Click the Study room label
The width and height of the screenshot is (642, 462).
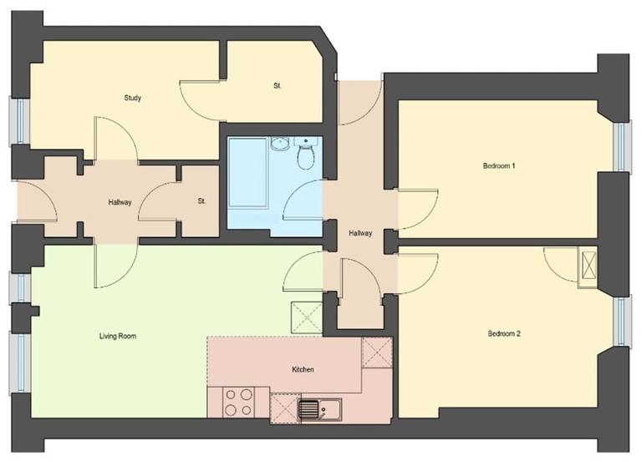[132, 98]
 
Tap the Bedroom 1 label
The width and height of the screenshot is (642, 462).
[499, 165]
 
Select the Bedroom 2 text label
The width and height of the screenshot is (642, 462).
[504, 334]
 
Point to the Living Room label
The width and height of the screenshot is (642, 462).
[116, 336]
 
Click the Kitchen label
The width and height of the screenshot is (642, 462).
[303, 369]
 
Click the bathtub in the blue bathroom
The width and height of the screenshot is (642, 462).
[249, 176]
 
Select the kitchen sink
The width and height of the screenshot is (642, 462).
[318, 410]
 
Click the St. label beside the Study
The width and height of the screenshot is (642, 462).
[278, 86]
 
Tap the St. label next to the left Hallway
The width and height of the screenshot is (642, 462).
[201, 201]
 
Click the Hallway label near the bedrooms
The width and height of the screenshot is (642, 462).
[360, 233]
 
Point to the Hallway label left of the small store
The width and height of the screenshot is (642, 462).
[120, 202]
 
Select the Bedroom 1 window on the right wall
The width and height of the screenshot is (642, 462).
[620, 146]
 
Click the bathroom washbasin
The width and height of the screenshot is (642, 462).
[281, 143]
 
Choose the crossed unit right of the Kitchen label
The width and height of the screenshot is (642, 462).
[377, 353]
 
